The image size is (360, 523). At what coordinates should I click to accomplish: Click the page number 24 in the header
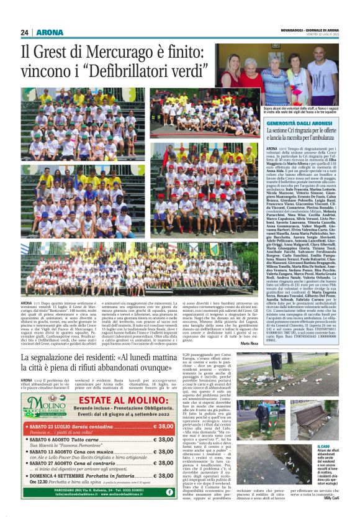tap(25, 32)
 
